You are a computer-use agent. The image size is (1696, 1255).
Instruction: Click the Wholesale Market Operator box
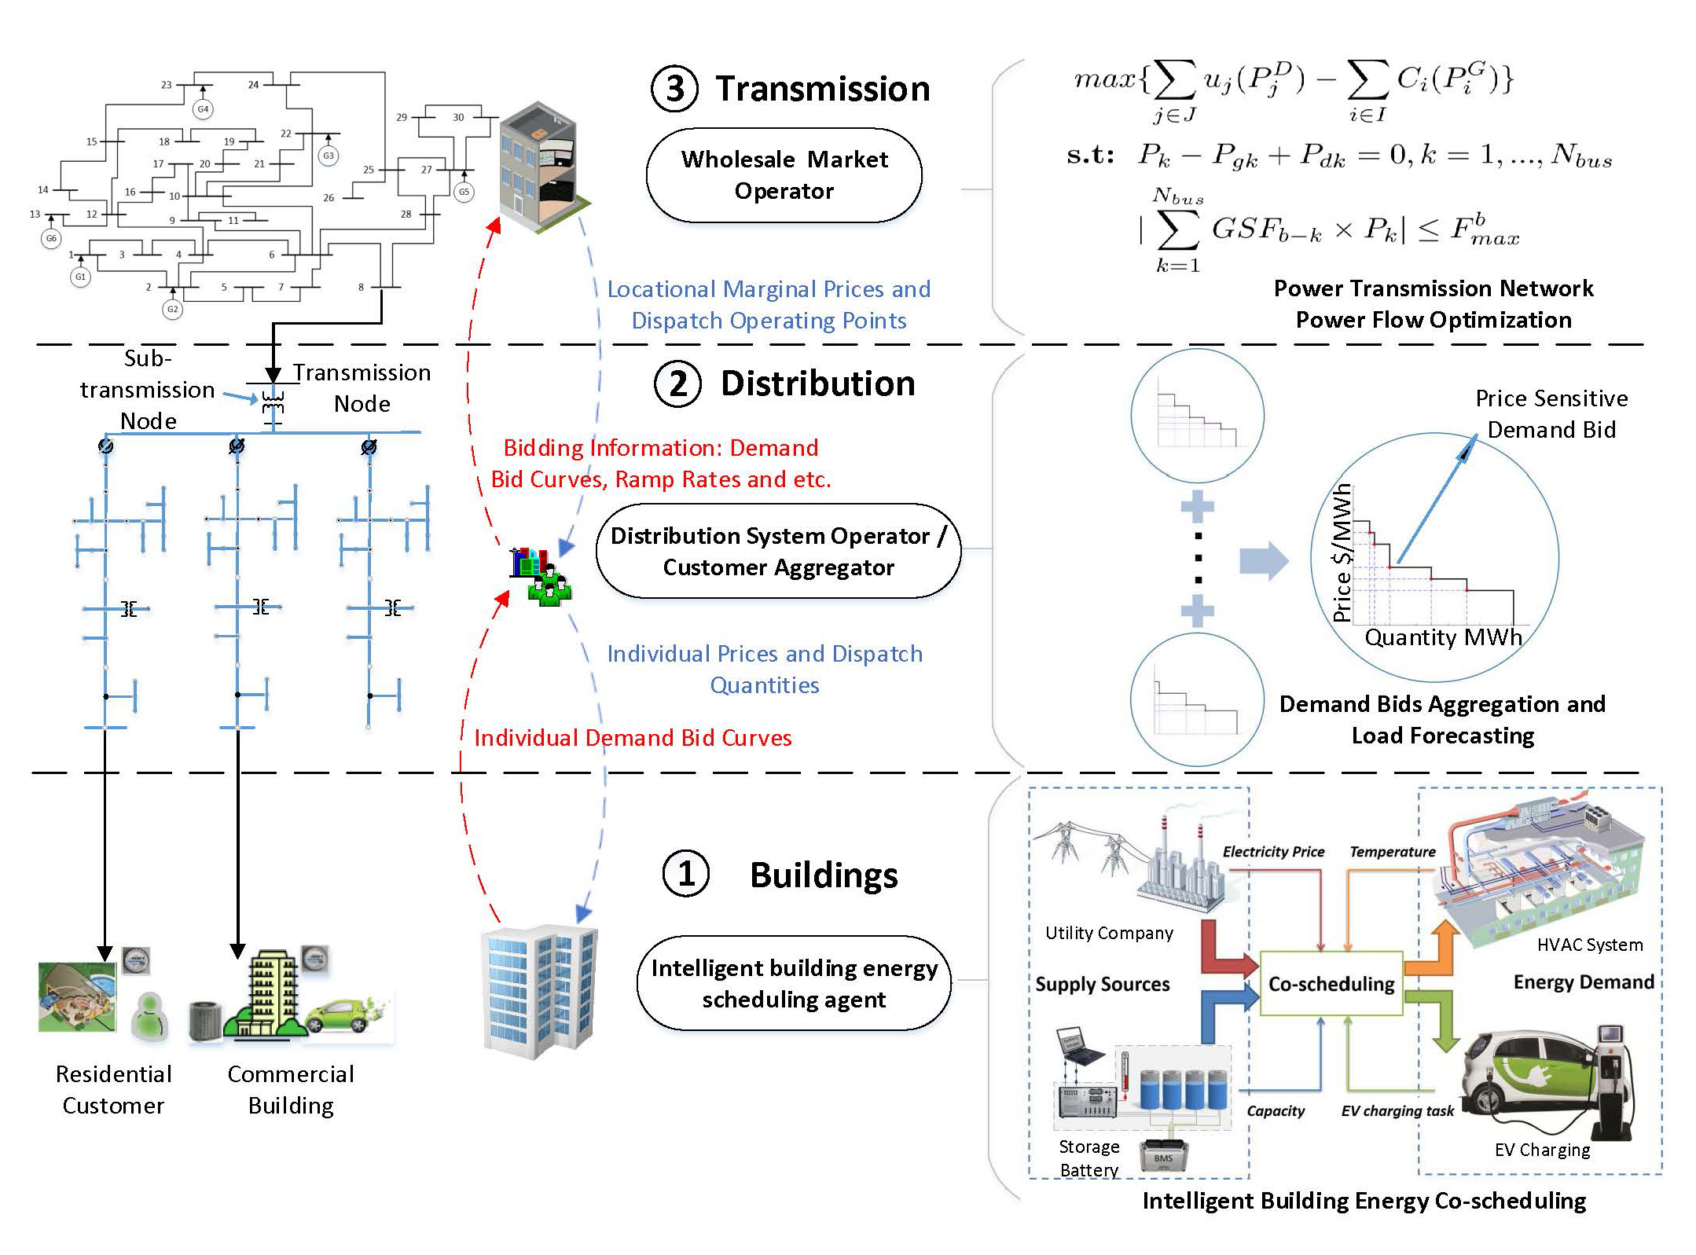(784, 175)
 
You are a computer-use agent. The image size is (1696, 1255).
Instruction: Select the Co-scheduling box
(1331, 984)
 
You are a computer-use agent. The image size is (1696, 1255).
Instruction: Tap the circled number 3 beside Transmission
(674, 88)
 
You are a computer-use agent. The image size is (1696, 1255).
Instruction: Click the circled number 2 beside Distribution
(677, 383)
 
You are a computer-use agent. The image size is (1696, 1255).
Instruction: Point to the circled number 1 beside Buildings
(685, 874)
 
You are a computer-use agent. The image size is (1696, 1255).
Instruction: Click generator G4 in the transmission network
(203, 109)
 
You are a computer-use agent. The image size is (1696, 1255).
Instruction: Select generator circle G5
(464, 192)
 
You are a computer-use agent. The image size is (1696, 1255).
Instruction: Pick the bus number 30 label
(458, 117)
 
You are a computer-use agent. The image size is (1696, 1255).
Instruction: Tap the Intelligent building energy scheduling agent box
(794, 983)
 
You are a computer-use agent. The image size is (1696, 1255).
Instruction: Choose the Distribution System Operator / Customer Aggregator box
(778, 551)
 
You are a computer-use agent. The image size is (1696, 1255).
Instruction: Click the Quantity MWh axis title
(1443, 637)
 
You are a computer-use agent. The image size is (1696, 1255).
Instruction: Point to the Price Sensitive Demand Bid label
(1551, 414)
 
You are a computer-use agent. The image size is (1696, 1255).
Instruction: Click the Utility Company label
(1109, 933)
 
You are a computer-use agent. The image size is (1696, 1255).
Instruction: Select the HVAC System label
(1589, 945)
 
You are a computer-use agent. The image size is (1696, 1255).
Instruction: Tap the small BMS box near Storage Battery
(1163, 1158)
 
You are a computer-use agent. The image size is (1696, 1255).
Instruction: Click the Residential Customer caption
(113, 1089)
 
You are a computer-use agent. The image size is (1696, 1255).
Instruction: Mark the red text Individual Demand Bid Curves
(633, 738)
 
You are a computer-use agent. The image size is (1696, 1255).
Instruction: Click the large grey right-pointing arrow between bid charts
(1264, 561)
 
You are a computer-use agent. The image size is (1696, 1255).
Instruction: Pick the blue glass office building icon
(540, 992)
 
